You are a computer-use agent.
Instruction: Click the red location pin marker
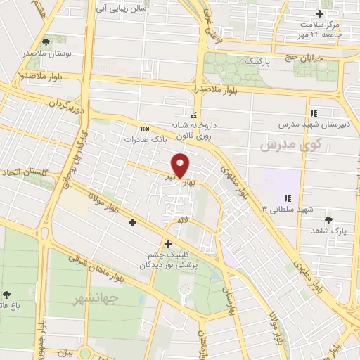coord(181,165)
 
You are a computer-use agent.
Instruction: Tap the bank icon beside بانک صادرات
coord(146,129)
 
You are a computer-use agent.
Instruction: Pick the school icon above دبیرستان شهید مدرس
coord(314,113)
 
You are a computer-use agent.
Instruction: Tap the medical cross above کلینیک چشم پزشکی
coord(168,243)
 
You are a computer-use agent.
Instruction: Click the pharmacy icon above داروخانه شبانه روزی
coord(193,114)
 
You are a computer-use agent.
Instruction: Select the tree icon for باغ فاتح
coord(7,295)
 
